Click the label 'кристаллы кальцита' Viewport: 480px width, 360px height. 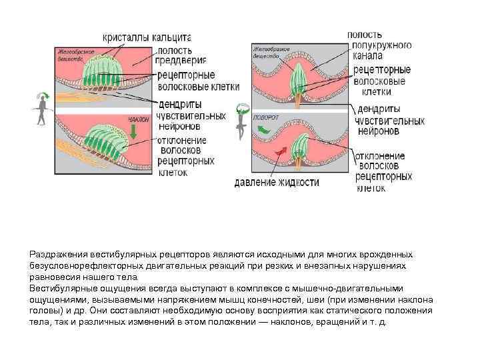click(x=147, y=39)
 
